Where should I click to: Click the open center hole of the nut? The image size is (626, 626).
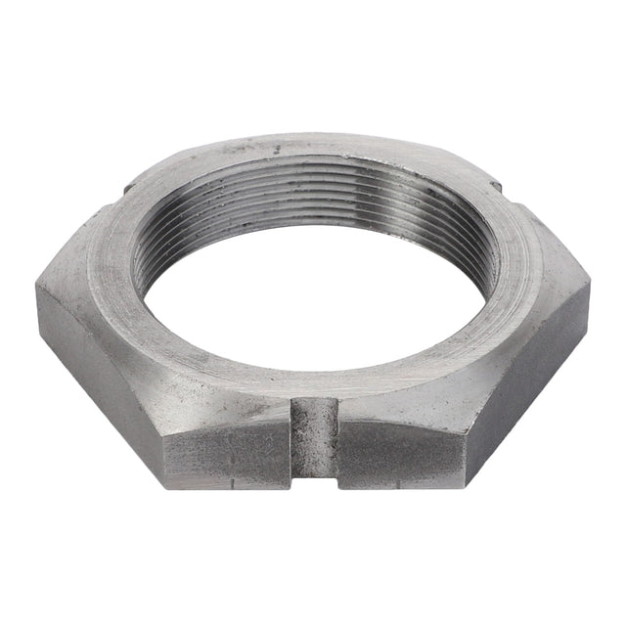(x=313, y=293)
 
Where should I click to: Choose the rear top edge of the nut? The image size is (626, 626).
(x=313, y=136)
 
